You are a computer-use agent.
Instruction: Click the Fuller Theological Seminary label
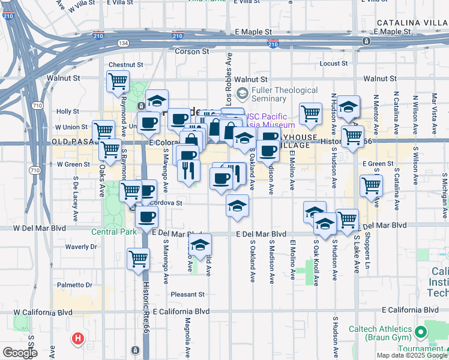click(x=285, y=94)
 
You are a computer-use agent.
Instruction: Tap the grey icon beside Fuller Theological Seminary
click(x=242, y=93)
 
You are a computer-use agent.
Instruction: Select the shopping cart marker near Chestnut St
click(x=118, y=81)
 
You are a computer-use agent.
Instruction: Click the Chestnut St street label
click(x=125, y=65)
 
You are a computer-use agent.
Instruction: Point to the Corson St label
click(x=191, y=52)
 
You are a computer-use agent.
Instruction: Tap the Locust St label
click(x=334, y=63)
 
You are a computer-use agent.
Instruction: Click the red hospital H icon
click(x=77, y=340)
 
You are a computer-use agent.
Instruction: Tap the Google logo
click(x=19, y=352)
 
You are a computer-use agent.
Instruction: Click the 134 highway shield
click(x=123, y=43)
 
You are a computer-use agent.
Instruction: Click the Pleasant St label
click(x=187, y=294)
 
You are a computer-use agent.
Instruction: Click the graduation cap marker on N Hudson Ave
click(x=348, y=107)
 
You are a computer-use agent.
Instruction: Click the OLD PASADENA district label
click(x=79, y=142)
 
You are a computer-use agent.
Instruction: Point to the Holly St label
click(x=67, y=112)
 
